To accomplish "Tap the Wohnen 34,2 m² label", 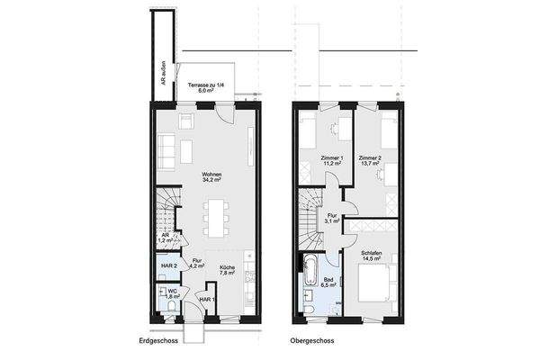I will [212, 177].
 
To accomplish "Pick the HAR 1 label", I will [206, 300].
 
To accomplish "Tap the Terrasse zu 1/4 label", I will [205, 87].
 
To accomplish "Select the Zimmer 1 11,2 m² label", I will [332, 162].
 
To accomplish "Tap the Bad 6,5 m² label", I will [329, 283].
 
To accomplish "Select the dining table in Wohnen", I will [216, 216].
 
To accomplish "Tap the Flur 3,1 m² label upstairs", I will [332, 218].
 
